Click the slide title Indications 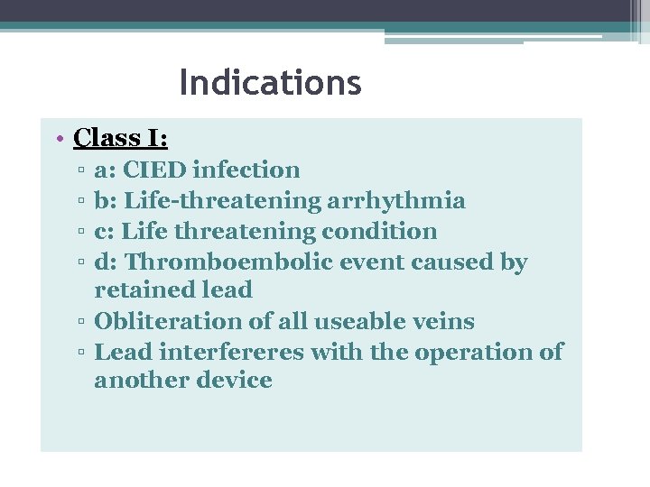270,84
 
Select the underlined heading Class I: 120,138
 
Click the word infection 246,170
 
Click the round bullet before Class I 58,139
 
